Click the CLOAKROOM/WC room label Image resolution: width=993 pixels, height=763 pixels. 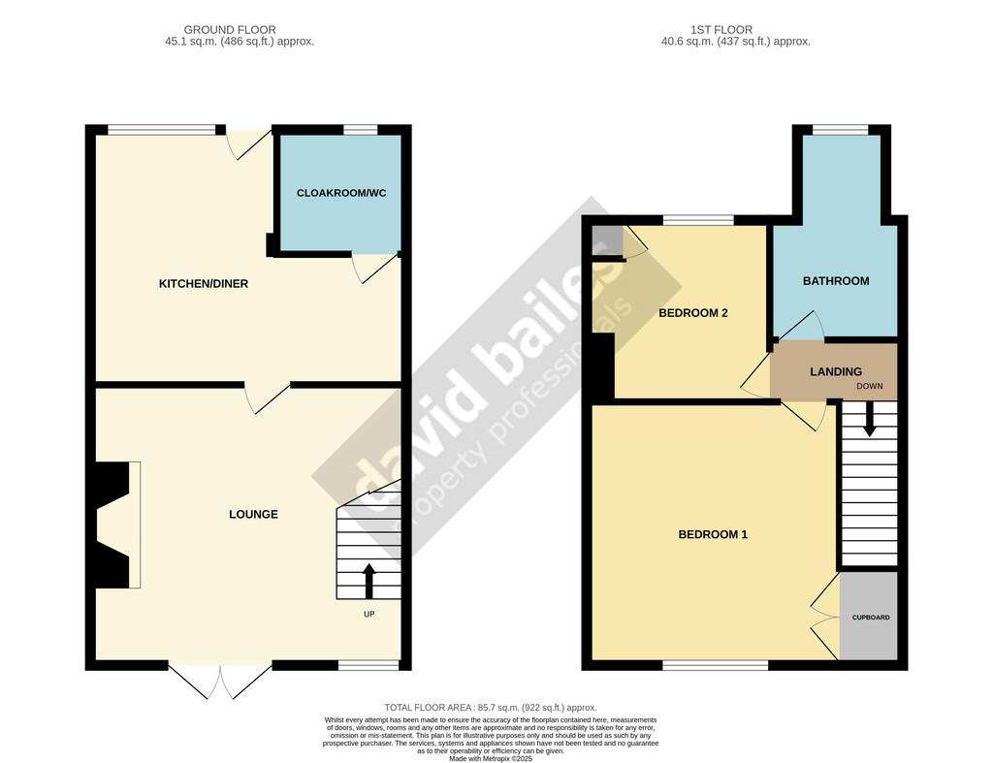pyautogui.click(x=341, y=193)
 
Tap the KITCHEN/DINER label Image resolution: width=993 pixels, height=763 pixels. pyautogui.click(x=204, y=284)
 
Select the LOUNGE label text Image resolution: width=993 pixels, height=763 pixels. pyautogui.click(x=253, y=514)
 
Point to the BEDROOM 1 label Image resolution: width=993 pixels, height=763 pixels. pyautogui.click(x=713, y=534)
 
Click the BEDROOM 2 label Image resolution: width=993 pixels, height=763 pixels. pyautogui.click(x=692, y=313)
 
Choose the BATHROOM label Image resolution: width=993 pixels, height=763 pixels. pyautogui.click(x=836, y=281)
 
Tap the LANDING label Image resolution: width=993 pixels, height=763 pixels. pyautogui.click(x=836, y=371)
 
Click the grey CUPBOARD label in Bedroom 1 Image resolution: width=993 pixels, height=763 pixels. pyautogui.click(x=871, y=618)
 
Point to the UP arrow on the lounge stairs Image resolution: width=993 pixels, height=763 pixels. pyautogui.click(x=368, y=582)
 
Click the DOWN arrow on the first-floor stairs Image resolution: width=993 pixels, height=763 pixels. pyautogui.click(x=870, y=419)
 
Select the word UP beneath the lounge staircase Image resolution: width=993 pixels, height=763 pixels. pyautogui.click(x=368, y=615)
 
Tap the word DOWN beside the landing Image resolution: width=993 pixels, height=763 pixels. pyautogui.click(x=870, y=386)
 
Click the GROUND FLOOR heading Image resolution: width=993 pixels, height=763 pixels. pyautogui.click(x=230, y=30)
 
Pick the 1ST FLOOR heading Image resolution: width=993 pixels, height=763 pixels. pyautogui.click(x=721, y=30)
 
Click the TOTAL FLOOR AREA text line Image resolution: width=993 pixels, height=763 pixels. pyautogui.click(x=491, y=708)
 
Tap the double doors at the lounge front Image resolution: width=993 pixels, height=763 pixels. pyautogui.click(x=220, y=681)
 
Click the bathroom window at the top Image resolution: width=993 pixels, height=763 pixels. pyautogui.click(x=841, y=130)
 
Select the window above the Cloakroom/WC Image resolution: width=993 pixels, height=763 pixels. pyautogui.click(x=361, y=130)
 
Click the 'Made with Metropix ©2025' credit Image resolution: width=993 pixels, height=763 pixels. pyautogui.click(x=491, y=758)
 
